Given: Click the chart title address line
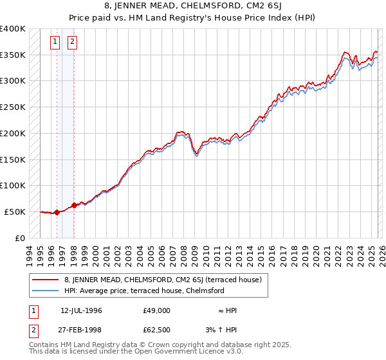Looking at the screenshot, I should tap(192, 7).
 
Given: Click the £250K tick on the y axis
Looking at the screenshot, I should tap(13, 107).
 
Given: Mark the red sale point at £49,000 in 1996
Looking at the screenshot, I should tap(57, 212).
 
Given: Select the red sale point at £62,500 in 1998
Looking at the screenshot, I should tap(74, 205).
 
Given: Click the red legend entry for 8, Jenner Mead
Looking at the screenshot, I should tap(163, 280).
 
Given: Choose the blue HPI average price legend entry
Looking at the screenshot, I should tap(143, 291).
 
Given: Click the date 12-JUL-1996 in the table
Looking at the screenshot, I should tap(82, 310).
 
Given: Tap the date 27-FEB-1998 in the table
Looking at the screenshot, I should tap(82, 330).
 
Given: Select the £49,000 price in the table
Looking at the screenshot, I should tap(157, 310).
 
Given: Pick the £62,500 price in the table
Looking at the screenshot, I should tap(157, 330).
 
